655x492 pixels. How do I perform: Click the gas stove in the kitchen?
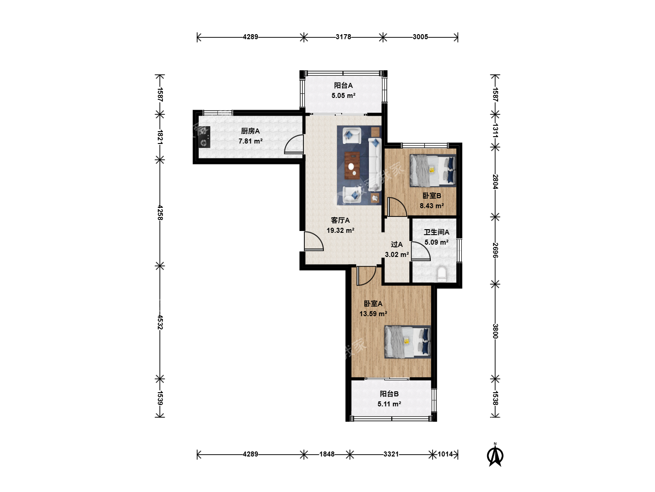pyautogui.click(x=204, y=137)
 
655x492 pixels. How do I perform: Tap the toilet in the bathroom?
pyautogui.click(x=442, y=274)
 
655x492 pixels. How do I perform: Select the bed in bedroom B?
pyautogui.click(x=433, y=170)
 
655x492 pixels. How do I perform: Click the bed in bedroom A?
pyautogui.click(x=408, y=342)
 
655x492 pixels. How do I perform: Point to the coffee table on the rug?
pyautogui.click(x=352, y=165)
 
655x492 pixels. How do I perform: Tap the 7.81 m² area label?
pyautogui.click(x=250, y=141)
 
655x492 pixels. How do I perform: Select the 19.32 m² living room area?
pyautogui.click(x=340, y=231)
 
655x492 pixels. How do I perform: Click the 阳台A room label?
pyautogui.click(x=343, y=86)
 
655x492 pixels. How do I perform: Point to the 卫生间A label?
pyautogui.click(x=436, y=232)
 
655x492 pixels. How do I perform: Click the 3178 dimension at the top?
pyautogui.click(x=343, y=37)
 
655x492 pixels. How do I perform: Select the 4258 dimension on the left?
pyautogui.click(x=160, y=212)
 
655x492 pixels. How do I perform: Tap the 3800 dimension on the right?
pyautogui.click(x=495, y=331)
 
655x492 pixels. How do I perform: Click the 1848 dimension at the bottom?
pyautogui.click(x=327, y=454)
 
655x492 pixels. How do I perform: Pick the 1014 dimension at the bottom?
pyautogui.click(x=445, y=454)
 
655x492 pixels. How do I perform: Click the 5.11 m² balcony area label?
pyautogui.click(x=389, y=404)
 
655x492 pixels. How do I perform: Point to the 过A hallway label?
pyautogui.click(x=397, y=245)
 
